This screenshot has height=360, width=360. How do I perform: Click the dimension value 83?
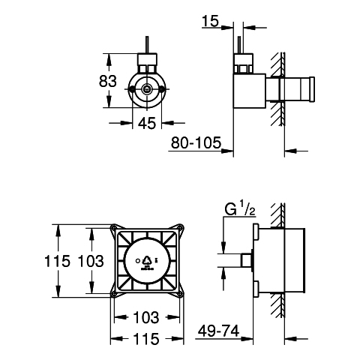click(108, 81)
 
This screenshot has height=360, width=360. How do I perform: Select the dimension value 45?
click(147, 123)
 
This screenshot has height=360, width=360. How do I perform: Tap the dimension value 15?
click(210, 21)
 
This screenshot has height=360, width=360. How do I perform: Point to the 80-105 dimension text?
click(196, 142)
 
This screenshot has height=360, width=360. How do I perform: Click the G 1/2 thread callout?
click(240, 209)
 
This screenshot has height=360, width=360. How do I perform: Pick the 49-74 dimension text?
click(218, 331)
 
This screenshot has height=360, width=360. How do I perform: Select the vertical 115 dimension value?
click(57, 261)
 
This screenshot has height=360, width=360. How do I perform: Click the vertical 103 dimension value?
click(91, 261)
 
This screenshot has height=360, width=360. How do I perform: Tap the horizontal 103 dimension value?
click(146, 317)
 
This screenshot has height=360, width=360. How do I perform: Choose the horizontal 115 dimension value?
click(146, 339)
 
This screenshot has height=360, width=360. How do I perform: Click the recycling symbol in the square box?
click(147, 261)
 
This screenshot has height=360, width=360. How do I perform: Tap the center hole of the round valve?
click(147, 88)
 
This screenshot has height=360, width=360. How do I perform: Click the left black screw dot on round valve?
click(131, 88)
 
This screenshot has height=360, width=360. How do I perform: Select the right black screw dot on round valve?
click(162, 88)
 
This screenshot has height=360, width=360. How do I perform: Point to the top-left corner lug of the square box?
click(114, 228)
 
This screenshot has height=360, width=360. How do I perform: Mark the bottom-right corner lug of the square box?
click(180, 294)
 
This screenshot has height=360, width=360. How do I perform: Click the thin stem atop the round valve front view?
click(147, 45)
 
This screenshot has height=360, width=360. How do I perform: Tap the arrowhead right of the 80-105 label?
click(227, 151)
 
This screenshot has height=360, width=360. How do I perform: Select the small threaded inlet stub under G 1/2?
click(246, 260)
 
